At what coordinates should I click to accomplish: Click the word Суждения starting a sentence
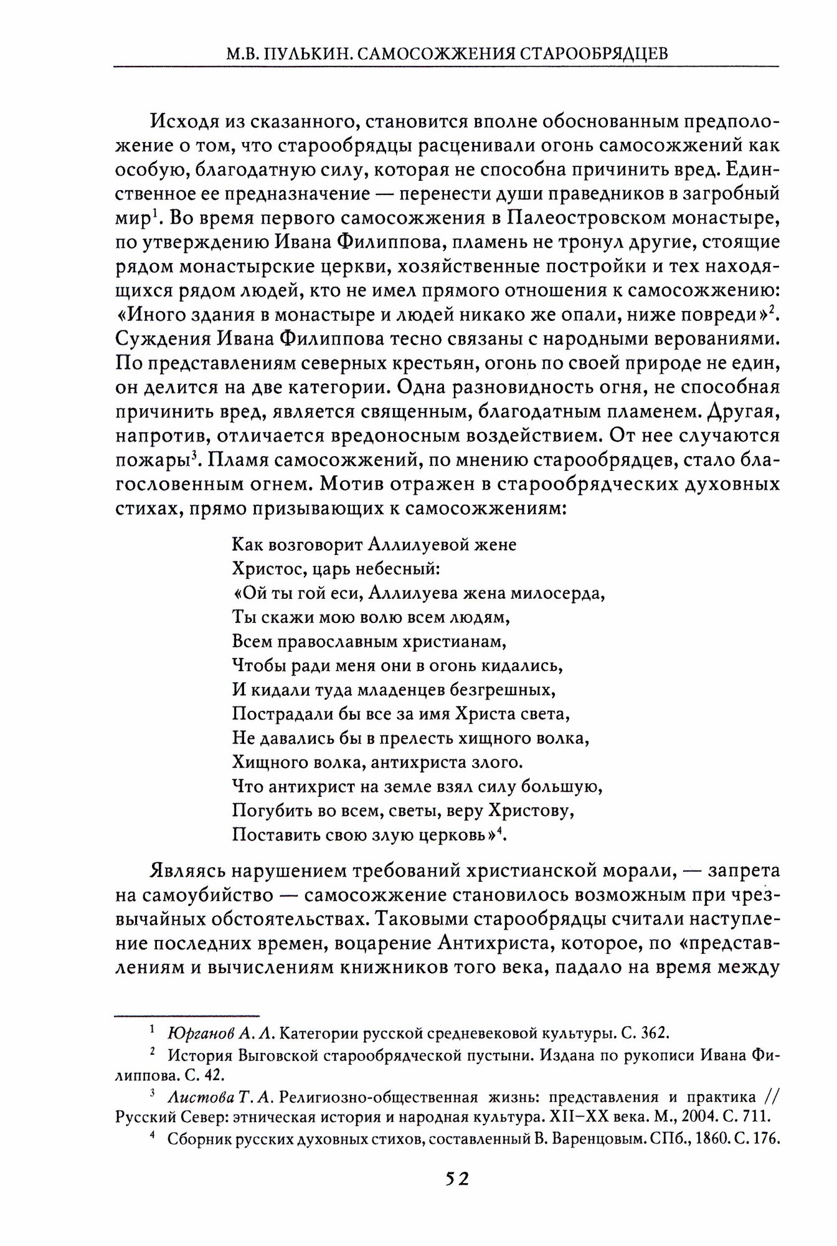click(161, 339)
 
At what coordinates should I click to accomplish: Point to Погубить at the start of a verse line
click(265, 811)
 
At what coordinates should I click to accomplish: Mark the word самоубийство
click(207, 895)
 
